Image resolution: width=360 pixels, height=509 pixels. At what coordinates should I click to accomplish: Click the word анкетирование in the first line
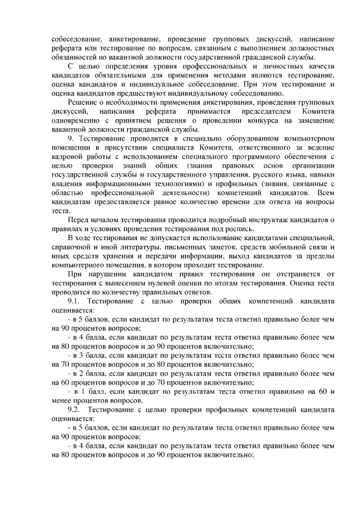pyautogui.click(x=120, y=39)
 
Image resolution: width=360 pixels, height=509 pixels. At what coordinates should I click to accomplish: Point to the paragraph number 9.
pyautogui.click(x=70, y=138)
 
